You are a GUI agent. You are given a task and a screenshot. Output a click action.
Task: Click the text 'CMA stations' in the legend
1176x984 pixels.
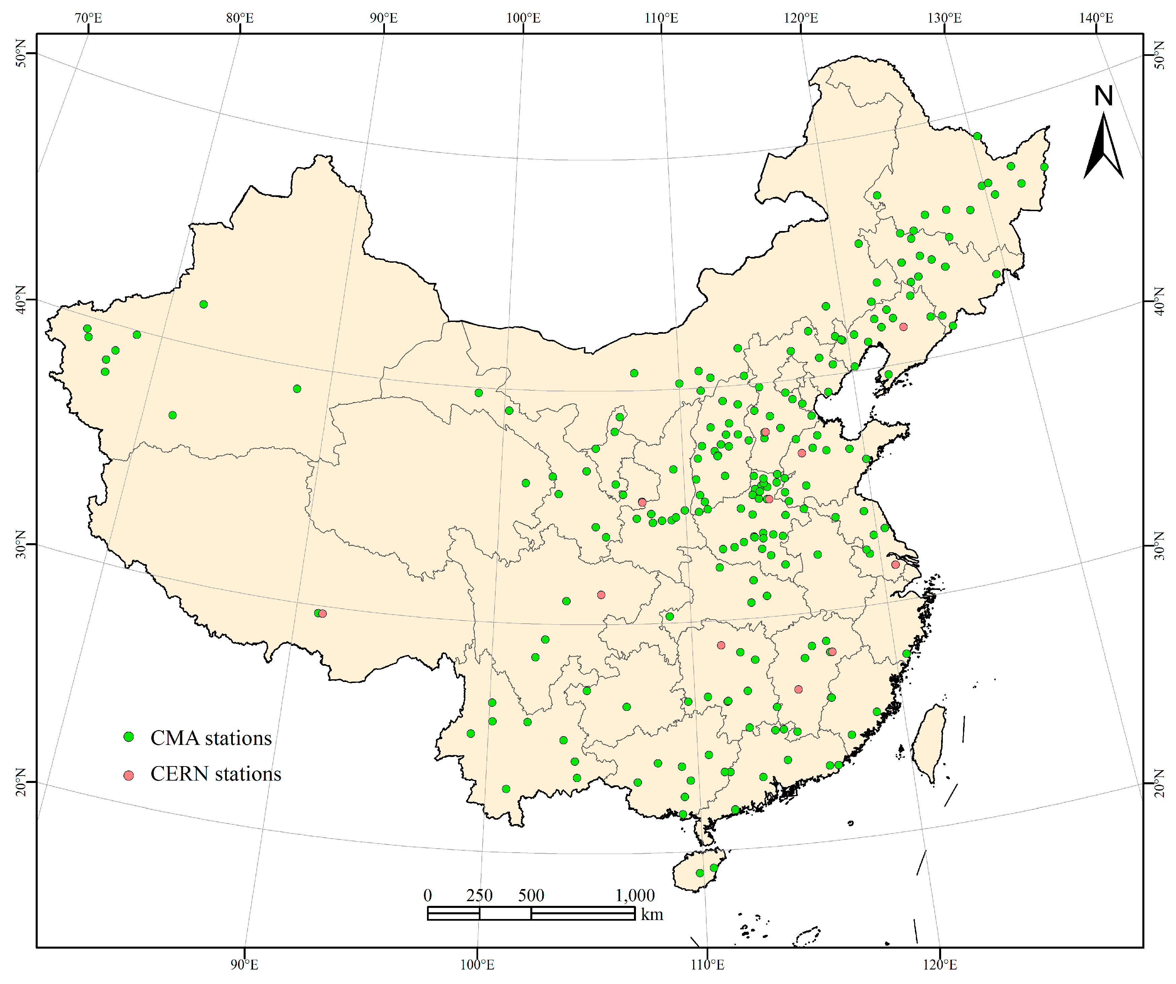point(211,738)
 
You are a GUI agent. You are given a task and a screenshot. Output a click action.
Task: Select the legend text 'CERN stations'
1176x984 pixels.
point(216,774)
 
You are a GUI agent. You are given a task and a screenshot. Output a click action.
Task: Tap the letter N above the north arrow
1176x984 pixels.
point(1103,96)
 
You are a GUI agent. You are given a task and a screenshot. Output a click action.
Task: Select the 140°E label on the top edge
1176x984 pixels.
point(1096,18)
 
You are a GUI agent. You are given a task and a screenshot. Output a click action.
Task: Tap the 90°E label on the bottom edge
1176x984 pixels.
point(244,965)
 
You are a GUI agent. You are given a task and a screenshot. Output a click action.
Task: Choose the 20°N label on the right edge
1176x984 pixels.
point(1159,782)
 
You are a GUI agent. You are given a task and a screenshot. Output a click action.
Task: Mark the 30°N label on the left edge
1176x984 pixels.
point(21,544)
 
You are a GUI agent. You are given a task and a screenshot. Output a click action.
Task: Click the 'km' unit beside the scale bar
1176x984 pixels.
point(652,915)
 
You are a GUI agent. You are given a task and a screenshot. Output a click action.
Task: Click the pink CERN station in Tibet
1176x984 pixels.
point(322,614)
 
